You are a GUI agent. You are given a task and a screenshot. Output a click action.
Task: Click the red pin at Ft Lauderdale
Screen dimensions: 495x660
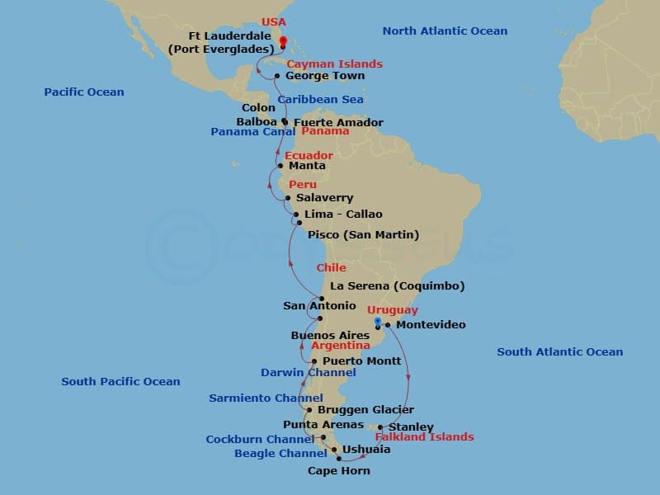tap(282, 42)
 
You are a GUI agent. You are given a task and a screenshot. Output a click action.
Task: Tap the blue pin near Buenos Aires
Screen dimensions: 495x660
tap(376, 322)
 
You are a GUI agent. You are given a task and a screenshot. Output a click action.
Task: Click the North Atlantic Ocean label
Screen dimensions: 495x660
tap(445, 31)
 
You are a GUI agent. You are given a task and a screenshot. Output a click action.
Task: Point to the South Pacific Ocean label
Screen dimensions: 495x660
tap(120, 381)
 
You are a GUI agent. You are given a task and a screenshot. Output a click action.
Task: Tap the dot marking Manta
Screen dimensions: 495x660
tap(280, 166)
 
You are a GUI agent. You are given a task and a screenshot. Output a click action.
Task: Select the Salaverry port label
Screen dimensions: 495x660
tap(325, 198)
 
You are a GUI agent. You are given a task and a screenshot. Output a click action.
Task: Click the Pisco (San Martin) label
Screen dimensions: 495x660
tap(363, 234)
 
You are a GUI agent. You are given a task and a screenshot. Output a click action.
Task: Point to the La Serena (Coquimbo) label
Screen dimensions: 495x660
tap(397, 286)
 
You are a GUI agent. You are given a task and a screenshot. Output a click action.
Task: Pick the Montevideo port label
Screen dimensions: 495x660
tap(431, 324)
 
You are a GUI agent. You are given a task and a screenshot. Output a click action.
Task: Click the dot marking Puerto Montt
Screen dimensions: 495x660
tap(314, 361)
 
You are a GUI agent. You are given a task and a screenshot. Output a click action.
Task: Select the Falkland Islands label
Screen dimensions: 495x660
tap(424, 436)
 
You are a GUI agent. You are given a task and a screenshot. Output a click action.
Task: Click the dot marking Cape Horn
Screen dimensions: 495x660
tap(339, 459)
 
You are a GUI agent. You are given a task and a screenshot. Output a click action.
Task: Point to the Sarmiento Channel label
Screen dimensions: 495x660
tap(254, 398)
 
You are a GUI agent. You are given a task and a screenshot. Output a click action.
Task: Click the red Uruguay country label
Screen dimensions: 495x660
tap(393, 310)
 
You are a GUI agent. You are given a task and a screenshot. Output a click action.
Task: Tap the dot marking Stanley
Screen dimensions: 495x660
tap(392, 427)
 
